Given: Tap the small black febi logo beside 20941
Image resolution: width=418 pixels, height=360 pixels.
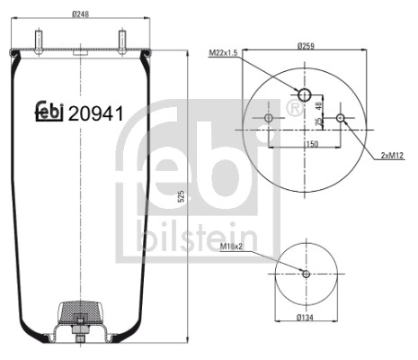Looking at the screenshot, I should (49, 112).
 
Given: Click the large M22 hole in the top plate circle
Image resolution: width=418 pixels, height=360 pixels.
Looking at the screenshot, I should (305, 95).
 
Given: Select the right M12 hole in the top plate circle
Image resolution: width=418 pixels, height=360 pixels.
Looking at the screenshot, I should (340, 118).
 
